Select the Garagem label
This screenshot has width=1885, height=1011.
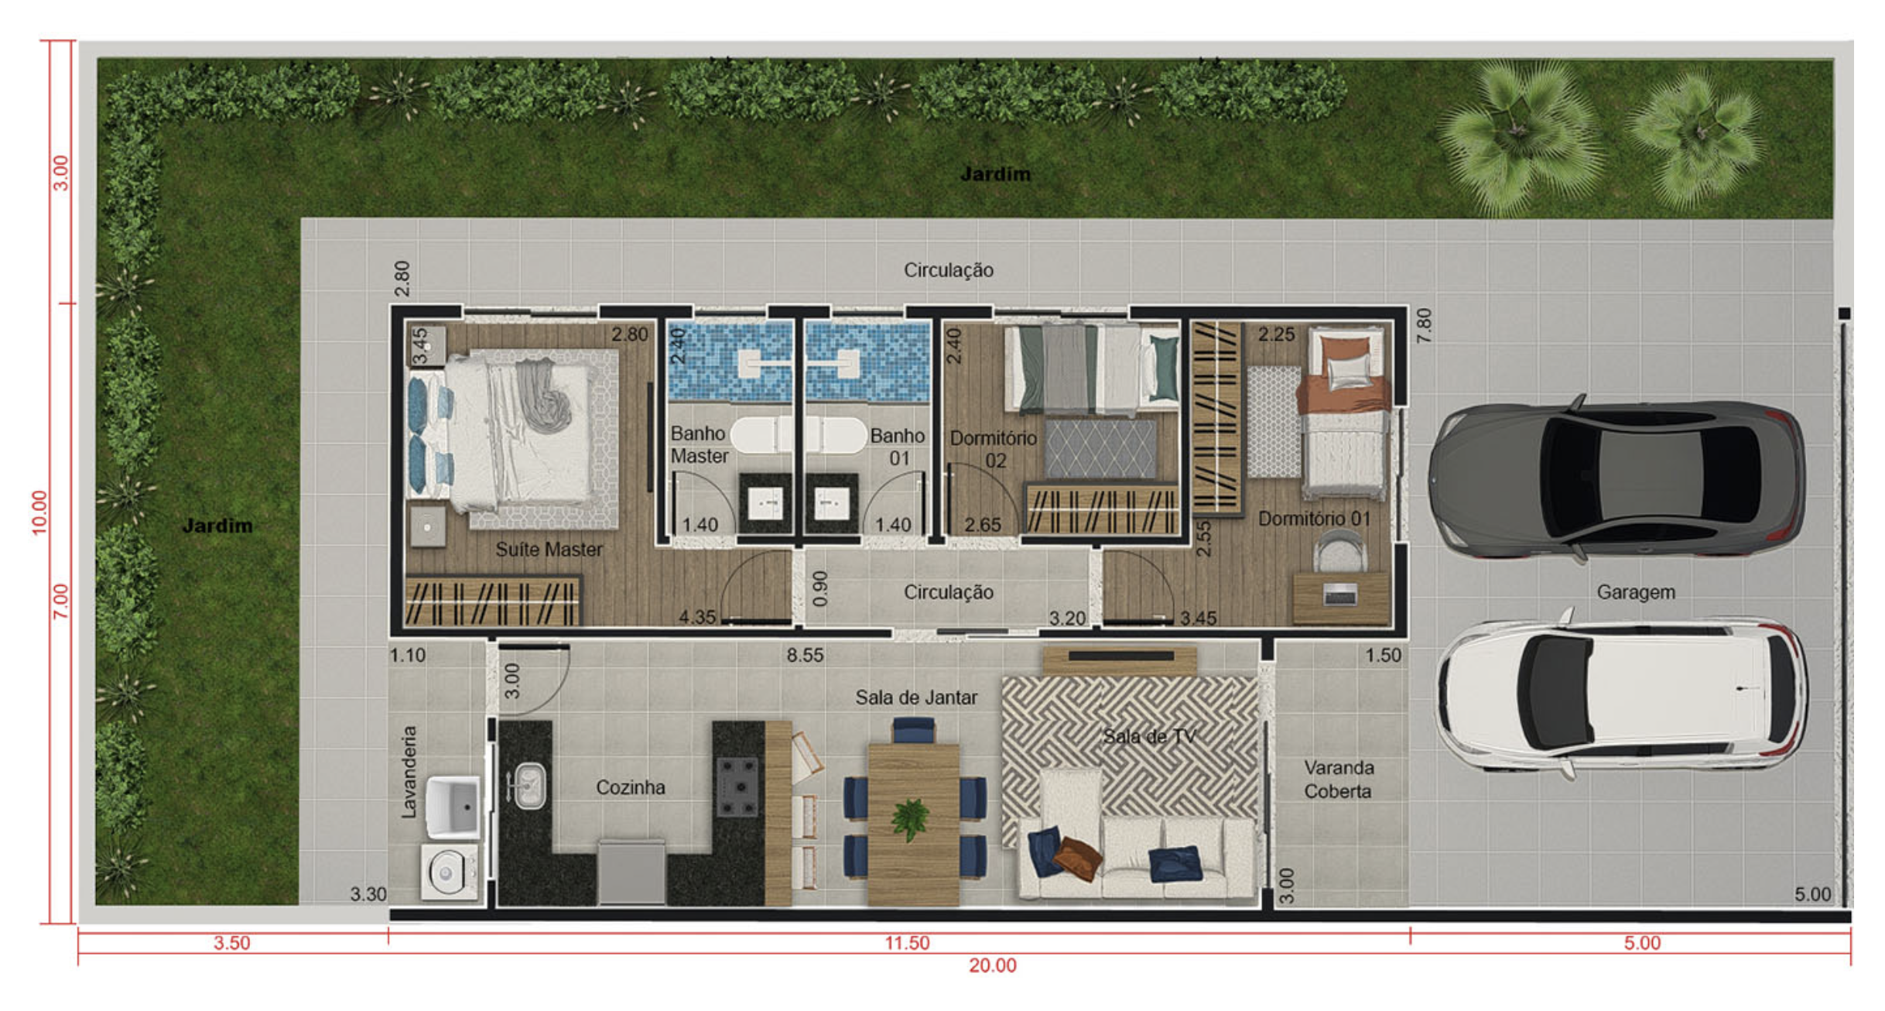[1636, 592]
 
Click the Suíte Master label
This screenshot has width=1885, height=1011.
[549, 550]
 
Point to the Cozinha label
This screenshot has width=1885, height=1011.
[630, 787]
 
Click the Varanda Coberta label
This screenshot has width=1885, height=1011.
[1339, 780]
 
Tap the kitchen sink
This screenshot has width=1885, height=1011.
[529, 785]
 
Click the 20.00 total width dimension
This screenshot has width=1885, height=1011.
[992, 965]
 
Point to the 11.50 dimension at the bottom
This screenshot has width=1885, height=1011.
[907, 943]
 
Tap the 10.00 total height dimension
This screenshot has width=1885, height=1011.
[39, 512]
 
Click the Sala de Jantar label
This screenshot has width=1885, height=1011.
[916, 697]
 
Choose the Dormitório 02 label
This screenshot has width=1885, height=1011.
[994, 449]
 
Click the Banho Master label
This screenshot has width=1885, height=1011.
[700, 444]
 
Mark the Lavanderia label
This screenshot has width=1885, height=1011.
[409, 772]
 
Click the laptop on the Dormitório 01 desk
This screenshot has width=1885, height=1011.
[1339, 595]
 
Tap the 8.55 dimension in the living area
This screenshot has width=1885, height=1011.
[805, 656]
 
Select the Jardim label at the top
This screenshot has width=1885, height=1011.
[995, 174]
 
